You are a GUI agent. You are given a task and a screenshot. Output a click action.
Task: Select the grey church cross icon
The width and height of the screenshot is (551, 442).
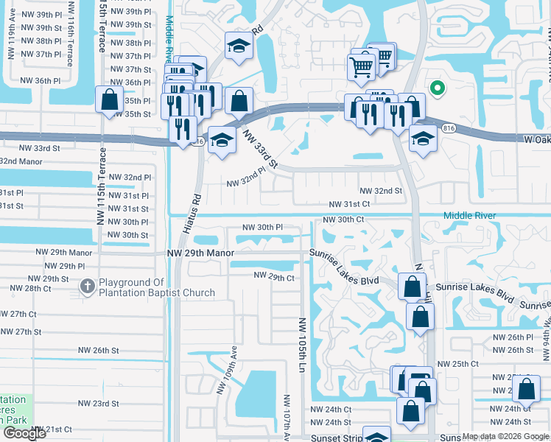coord(87,285)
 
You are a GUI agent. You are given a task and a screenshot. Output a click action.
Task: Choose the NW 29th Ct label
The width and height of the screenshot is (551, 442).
coord(274,276)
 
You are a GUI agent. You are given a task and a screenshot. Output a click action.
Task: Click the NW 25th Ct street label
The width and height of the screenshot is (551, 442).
coord(457,364)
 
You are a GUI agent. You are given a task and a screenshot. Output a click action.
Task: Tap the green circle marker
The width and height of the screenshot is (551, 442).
coord(437,89)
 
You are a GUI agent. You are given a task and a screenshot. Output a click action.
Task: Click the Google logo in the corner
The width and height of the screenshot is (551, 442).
coord(24,433)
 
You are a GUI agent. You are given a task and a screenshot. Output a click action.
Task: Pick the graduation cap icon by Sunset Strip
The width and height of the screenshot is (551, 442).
coord(376,435)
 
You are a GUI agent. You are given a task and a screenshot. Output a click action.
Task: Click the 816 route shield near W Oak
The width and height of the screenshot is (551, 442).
coord(448,128)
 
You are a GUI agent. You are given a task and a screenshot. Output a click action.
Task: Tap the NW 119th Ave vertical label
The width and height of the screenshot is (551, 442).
coord(11,43)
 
